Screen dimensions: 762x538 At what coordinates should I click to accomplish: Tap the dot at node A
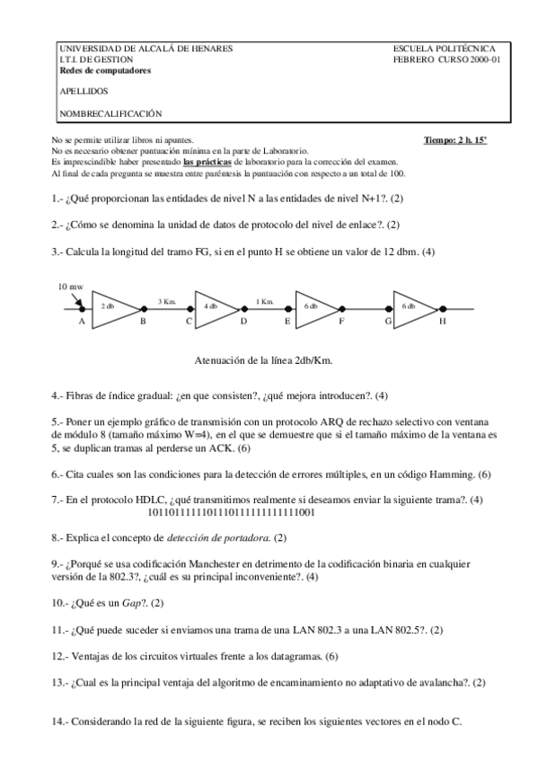tap(82, 308)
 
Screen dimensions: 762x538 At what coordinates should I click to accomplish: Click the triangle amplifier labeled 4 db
tap(212, 307)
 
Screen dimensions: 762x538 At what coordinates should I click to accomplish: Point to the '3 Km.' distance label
tap(167, 302)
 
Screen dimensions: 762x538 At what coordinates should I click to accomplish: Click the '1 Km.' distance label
tap(265, 302)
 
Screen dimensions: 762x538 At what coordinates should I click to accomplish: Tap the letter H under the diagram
tap(442, 320)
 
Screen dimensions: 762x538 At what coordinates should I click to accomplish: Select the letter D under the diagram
tap(243, 320)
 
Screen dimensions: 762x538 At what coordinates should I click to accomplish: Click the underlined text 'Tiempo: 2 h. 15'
tap(454, 141)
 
